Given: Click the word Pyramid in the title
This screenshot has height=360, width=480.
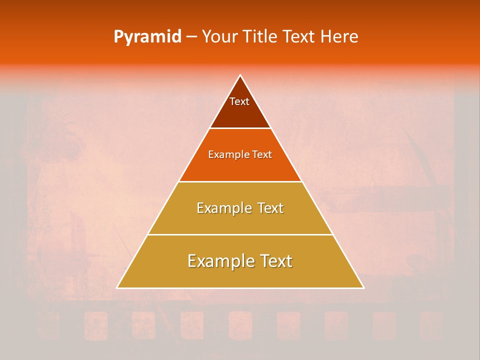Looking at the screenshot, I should point(147,37).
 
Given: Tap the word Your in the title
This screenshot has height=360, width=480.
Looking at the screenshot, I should point(219,37).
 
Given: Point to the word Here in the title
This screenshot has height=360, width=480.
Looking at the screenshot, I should point(339,37).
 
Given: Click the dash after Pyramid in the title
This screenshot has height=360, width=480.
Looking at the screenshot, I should point(191,37).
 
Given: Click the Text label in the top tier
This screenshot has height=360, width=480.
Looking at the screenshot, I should point(239,101).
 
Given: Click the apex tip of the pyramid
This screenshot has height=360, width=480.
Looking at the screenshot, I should point(240,76).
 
